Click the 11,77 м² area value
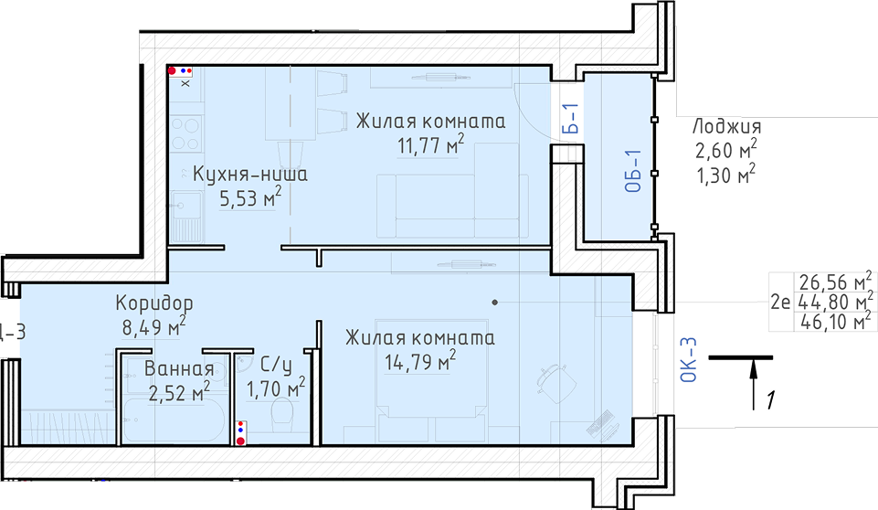430,145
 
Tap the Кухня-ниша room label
249,174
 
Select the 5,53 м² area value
250,197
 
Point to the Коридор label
154,303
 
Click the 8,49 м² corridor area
154,326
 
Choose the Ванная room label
179,368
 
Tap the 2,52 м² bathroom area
179,392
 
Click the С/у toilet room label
276,366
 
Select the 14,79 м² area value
420,362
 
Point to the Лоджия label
727,127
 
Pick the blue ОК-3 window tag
688,360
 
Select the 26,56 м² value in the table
835,281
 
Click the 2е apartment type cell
780,303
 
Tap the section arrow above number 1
754,385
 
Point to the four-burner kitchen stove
185,133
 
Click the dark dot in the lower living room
495,303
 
